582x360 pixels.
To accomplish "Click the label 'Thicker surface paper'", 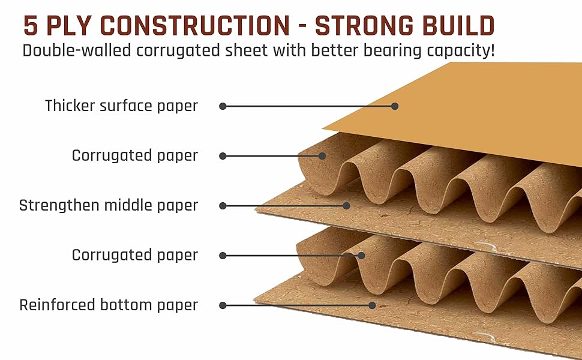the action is (x=121, y=106).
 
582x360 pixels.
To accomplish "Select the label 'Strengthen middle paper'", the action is (x=109, y=205).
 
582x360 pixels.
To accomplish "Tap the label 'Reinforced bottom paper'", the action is (x=109, y=305).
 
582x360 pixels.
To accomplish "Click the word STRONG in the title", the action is (x=363, y=26).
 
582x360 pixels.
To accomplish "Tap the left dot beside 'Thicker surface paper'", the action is (x=223, y=106).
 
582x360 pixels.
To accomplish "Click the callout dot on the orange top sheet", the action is (x=395, y=106).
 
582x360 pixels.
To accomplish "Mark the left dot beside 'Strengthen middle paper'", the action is (x=223, y=205).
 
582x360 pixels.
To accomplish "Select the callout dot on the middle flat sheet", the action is (x=346, y=205).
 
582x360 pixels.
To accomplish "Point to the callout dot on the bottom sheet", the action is (x=372, y=305).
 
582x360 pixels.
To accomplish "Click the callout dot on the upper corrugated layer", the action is (x=322, y=156).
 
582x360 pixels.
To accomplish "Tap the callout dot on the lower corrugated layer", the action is (x=361, y=255).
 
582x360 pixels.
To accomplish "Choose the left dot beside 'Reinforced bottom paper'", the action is (x=223, y=305).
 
